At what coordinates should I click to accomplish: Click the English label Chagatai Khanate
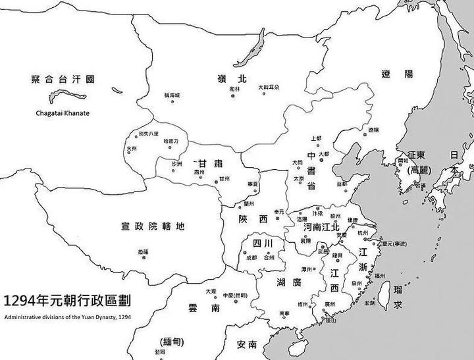[x=62, y=113]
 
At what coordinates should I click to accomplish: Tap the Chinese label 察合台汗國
[x=63, y=79]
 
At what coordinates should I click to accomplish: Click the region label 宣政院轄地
[x=153, y=227]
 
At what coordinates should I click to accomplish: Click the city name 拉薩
[x=144, y=251]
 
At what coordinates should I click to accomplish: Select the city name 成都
[x=251, y=258]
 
